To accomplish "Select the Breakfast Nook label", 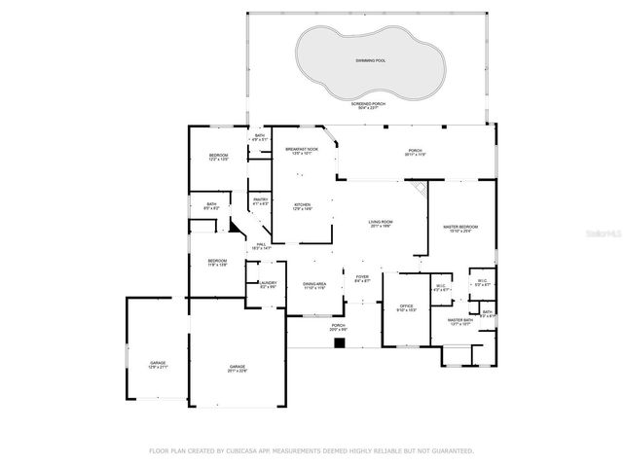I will [303, 151].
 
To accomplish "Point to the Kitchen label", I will [303, 206].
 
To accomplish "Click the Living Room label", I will [380, 224].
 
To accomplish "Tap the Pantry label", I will [260, 201].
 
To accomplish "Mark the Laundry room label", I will [268, 285].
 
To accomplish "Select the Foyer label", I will [362, 279].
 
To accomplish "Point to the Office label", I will [407, 307].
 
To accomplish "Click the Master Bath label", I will [459, 321].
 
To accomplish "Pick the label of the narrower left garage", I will [158, 363].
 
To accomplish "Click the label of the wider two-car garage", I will [238, 368].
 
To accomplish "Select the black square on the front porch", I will [339, 342].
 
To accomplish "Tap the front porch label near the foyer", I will [339, 327].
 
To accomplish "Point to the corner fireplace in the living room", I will [420, 189].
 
